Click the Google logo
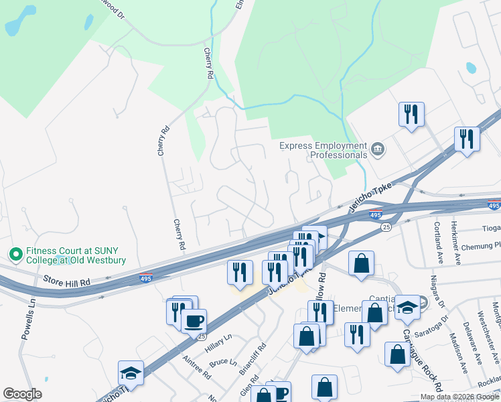click(x=22, y=394)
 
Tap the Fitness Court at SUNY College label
click(x=76, y=255)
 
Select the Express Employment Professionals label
click(x=324, y=149)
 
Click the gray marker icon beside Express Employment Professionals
click(x=377, y=148)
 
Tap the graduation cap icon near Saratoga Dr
click(x=407, y=307)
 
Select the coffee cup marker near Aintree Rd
click(x=194, y=321)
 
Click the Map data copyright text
click(x=459, y=397)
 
